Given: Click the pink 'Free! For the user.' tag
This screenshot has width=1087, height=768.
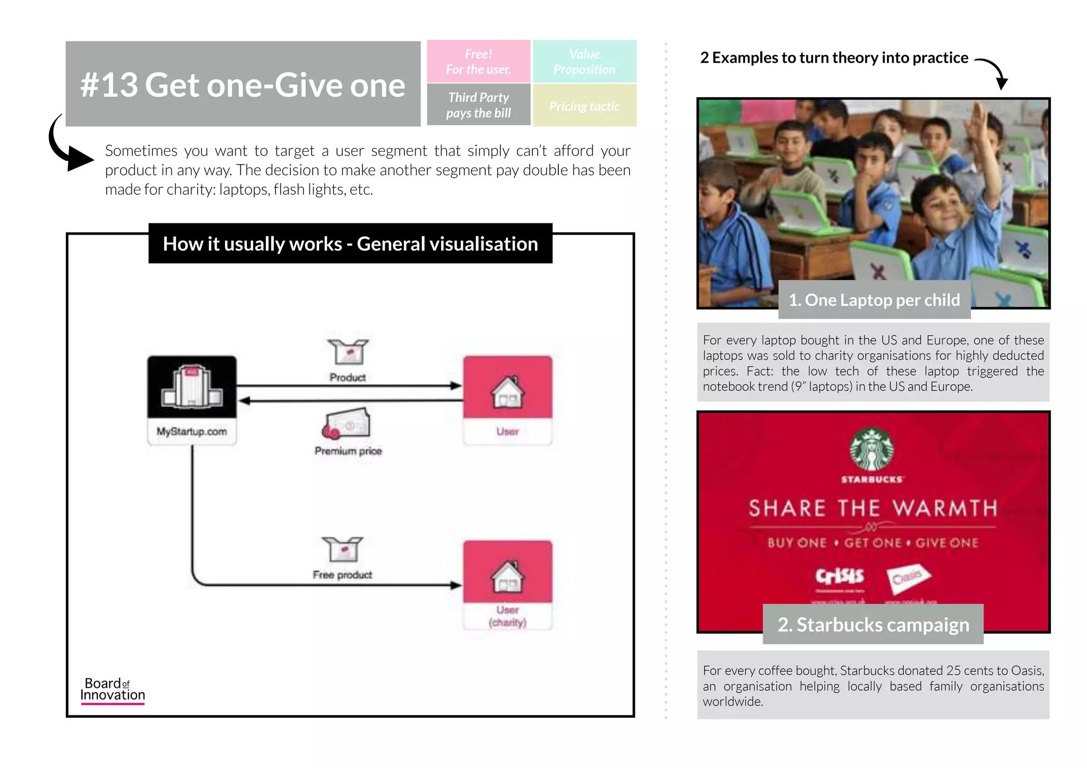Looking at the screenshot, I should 478,62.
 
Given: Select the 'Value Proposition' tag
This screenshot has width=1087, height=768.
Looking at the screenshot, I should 584,62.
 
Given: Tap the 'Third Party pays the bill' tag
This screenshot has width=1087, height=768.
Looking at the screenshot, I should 478,105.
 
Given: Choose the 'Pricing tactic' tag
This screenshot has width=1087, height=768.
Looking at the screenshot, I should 584,106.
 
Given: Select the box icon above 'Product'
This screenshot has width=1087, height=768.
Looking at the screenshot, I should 348,352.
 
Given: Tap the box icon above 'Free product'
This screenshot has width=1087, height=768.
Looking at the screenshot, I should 342,549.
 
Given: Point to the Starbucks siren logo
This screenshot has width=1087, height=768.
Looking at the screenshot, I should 872,450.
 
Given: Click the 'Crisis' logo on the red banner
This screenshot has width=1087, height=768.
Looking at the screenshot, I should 840,576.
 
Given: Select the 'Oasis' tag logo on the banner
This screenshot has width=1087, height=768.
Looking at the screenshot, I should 908,577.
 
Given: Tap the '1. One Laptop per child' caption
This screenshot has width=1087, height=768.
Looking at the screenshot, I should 874,300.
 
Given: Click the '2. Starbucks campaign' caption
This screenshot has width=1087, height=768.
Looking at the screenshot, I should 873,625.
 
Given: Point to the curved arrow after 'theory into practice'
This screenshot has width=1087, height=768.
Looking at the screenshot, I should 994,72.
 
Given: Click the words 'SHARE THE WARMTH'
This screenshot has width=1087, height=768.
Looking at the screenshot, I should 873,508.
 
